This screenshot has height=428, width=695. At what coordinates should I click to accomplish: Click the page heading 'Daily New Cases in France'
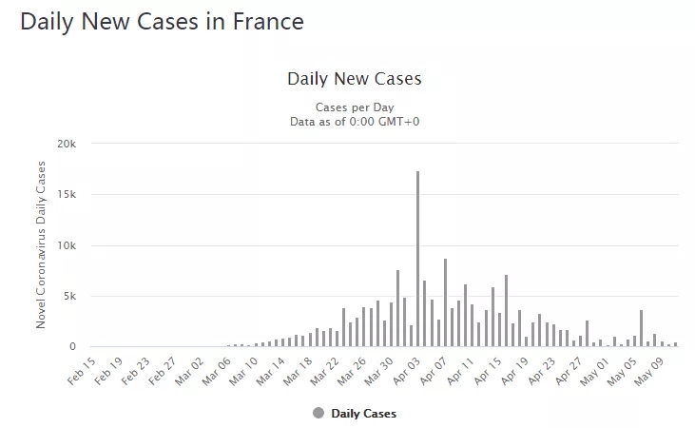coord(162,21)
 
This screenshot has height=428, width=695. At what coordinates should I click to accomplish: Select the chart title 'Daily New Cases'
coord(354,78)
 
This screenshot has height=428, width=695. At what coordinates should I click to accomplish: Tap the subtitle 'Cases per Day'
coord(354,107)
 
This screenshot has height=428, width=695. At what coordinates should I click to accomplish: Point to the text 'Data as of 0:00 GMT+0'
coord(354,121)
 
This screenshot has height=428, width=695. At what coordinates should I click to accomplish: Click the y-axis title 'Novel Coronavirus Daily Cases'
coord(41,245)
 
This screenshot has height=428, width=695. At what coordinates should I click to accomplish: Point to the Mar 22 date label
coord(327,368)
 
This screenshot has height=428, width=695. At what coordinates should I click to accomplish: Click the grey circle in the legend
coord(318,413)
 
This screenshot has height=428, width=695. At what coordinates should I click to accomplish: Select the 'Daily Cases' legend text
coord(363,414)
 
